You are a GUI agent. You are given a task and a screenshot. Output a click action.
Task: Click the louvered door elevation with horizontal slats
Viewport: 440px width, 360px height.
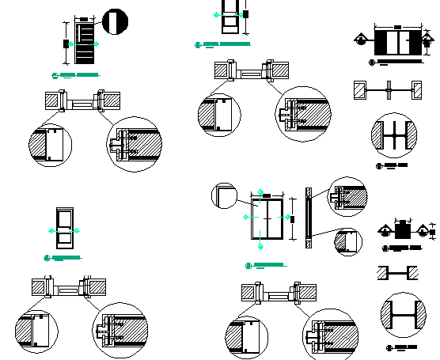point(85,45)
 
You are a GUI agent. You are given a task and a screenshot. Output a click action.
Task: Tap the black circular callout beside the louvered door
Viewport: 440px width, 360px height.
point(115,21)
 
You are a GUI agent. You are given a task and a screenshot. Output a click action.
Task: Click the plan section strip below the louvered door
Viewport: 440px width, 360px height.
point(82,101)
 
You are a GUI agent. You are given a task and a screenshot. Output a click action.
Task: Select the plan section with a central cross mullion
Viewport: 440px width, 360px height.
point(390,89)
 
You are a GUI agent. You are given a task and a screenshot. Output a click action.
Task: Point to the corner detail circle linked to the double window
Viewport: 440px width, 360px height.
point(224,195)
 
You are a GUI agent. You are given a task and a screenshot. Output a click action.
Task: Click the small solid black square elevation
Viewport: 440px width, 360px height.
point(402,232)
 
